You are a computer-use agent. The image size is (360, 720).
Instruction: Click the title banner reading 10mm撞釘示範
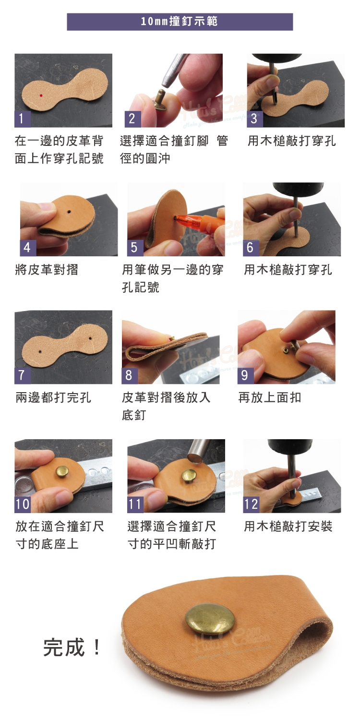coord(180,22)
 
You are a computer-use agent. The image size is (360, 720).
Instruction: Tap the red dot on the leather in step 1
coord(41,95)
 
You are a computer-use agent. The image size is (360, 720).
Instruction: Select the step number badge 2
coord(132,119)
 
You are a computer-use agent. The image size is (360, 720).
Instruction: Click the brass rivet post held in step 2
coord(160,98)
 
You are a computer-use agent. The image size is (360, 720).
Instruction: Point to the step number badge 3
coord(254,119)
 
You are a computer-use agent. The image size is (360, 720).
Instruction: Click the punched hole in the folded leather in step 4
coord(69,212)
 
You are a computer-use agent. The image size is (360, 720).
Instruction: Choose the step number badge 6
coord(251,248)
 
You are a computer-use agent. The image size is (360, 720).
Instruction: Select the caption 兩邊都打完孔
coord(53,397)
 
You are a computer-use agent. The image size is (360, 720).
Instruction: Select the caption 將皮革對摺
coord(47,270)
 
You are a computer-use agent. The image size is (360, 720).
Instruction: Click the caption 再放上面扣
coord(270,397)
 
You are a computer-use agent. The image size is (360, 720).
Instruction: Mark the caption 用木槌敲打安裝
coord(288,527)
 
